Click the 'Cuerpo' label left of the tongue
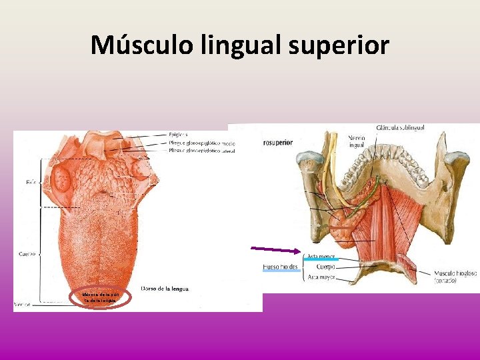point(27,253)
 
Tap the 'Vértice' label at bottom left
point(23,304)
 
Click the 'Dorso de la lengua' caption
point(165,288)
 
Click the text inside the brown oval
point(99,297)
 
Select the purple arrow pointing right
point(275,250)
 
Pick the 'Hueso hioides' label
point(280,267)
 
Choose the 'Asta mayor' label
point(321,276)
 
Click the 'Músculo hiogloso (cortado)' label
point(455,276)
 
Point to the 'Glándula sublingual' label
point(400,127)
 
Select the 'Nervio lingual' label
point(357,141)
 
